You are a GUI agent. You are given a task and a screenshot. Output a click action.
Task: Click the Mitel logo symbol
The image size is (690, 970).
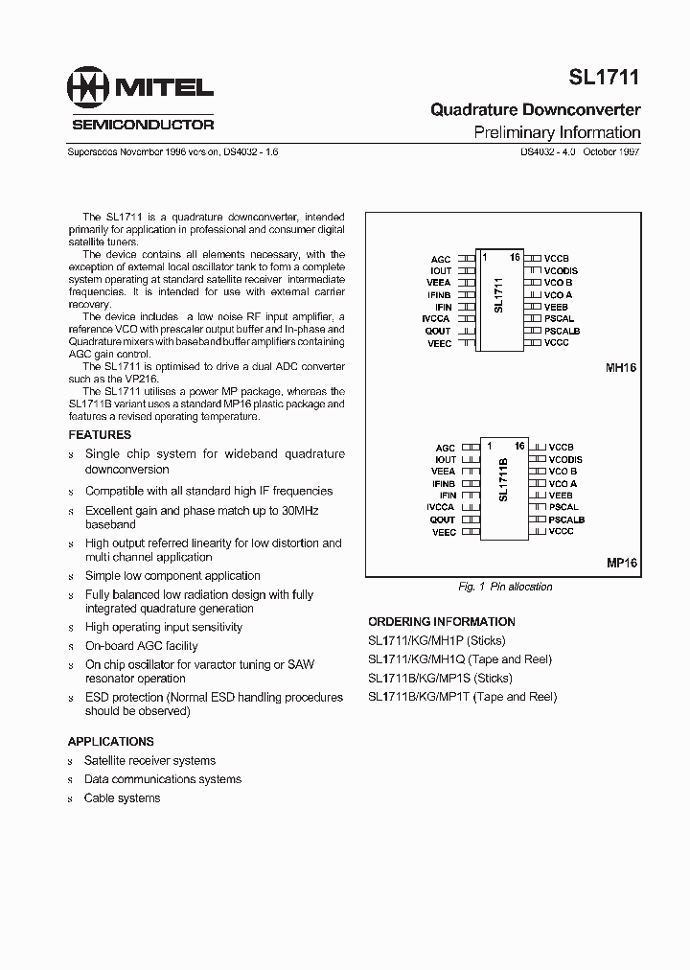(87, 89)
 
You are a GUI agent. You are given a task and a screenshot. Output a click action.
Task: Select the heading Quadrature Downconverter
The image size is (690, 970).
(535, 110)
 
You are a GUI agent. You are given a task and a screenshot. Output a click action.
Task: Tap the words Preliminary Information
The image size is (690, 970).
(557, 132)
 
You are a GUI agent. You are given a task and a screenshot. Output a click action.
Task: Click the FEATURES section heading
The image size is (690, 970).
(100, 435)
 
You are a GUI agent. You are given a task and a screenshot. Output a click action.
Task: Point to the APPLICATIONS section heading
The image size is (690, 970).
(110, 741)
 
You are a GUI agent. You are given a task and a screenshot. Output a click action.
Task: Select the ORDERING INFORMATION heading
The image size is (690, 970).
(442, 622)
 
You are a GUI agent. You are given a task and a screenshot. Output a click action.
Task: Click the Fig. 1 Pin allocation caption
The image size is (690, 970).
(506, 587)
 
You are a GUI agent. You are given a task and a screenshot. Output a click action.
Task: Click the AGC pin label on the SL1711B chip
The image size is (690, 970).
(446, 448)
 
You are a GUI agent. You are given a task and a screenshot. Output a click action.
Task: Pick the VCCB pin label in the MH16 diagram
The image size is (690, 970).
(557, 259)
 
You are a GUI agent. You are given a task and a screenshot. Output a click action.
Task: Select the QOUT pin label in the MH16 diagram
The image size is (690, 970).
(438, 331)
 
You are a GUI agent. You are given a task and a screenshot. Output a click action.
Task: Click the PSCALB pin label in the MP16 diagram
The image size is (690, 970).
(565, 520)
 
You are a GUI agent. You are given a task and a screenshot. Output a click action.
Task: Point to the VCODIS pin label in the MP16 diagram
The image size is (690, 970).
(564, 460)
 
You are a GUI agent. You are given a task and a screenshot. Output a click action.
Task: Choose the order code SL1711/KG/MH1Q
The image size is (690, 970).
(409, 659)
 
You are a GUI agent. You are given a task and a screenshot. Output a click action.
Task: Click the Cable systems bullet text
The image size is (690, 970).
(122, 798)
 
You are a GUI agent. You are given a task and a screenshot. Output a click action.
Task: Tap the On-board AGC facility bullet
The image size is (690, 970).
(142, 646)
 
